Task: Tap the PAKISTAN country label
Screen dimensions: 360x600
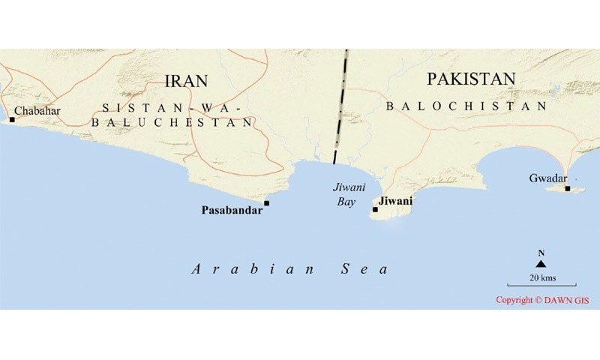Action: point(471,79)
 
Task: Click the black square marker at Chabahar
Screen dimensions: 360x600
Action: point(12,119)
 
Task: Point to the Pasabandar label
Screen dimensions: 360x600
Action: point(232,211)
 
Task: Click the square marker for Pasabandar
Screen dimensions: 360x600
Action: point(266,203)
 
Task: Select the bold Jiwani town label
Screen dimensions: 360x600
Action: point(396,202)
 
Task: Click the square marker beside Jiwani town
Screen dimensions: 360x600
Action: point(375,209)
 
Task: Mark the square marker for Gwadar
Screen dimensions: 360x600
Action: point(568,188)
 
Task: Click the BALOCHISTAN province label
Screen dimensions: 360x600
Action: point(466,107)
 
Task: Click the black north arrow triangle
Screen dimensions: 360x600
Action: point(541,263)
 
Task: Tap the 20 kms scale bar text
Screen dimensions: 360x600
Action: point(541,277)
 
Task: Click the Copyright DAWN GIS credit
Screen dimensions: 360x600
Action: point(544,300)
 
